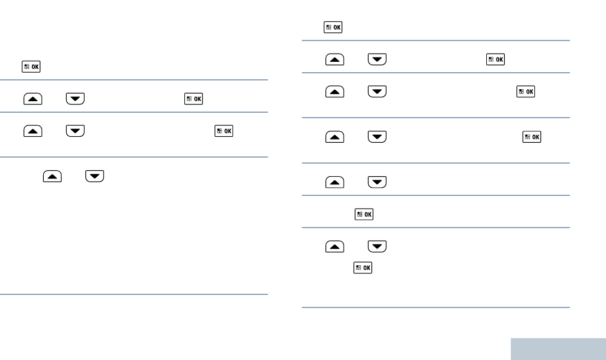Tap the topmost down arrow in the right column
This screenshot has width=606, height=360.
(x=377, y=59)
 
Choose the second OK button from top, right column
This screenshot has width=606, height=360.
(x=496, y=59)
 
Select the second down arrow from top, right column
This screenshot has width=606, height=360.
(x=377, y=90)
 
